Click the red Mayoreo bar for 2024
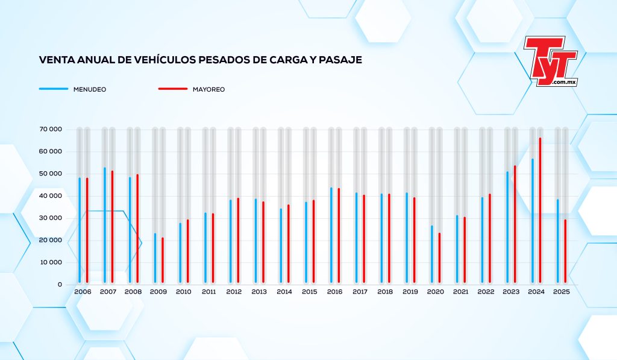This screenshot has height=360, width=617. [540, 210]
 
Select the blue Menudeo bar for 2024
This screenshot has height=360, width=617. [533, 221]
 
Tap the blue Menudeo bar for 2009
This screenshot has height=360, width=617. [155, 258]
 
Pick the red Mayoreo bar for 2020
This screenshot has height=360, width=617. [439, 258]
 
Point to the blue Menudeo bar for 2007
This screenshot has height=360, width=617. [105, 226]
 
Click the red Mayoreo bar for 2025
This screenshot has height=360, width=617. [565, 251]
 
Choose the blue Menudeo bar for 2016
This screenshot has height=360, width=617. [331, 235]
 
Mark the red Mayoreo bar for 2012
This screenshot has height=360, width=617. [238, 241]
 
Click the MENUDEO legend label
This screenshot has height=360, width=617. [90, 89]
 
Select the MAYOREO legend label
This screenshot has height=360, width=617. [208, 89]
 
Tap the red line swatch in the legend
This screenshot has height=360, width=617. [173, 89]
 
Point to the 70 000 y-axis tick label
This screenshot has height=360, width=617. [51, 129]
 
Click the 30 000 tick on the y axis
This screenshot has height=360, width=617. [51, 218]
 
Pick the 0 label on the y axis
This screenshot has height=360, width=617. [60, 285]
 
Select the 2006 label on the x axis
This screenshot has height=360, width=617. [83, 292]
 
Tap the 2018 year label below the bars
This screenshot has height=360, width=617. [385, 292]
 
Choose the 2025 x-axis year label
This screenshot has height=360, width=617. [561, 292]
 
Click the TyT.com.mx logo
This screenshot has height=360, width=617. [551, 61]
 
